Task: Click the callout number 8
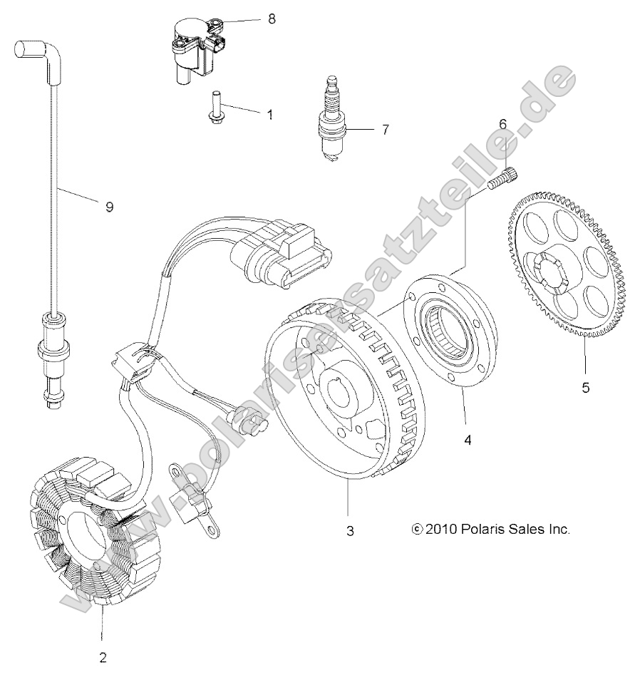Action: [271, 19]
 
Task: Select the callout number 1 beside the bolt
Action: [269, 114]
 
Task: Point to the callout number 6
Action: [502, 124]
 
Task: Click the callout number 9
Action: [109, 207]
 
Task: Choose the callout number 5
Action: [586, 388]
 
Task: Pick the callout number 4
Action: [468, 440]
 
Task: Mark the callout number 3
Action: [349, 531]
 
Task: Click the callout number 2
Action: [103, 656]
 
